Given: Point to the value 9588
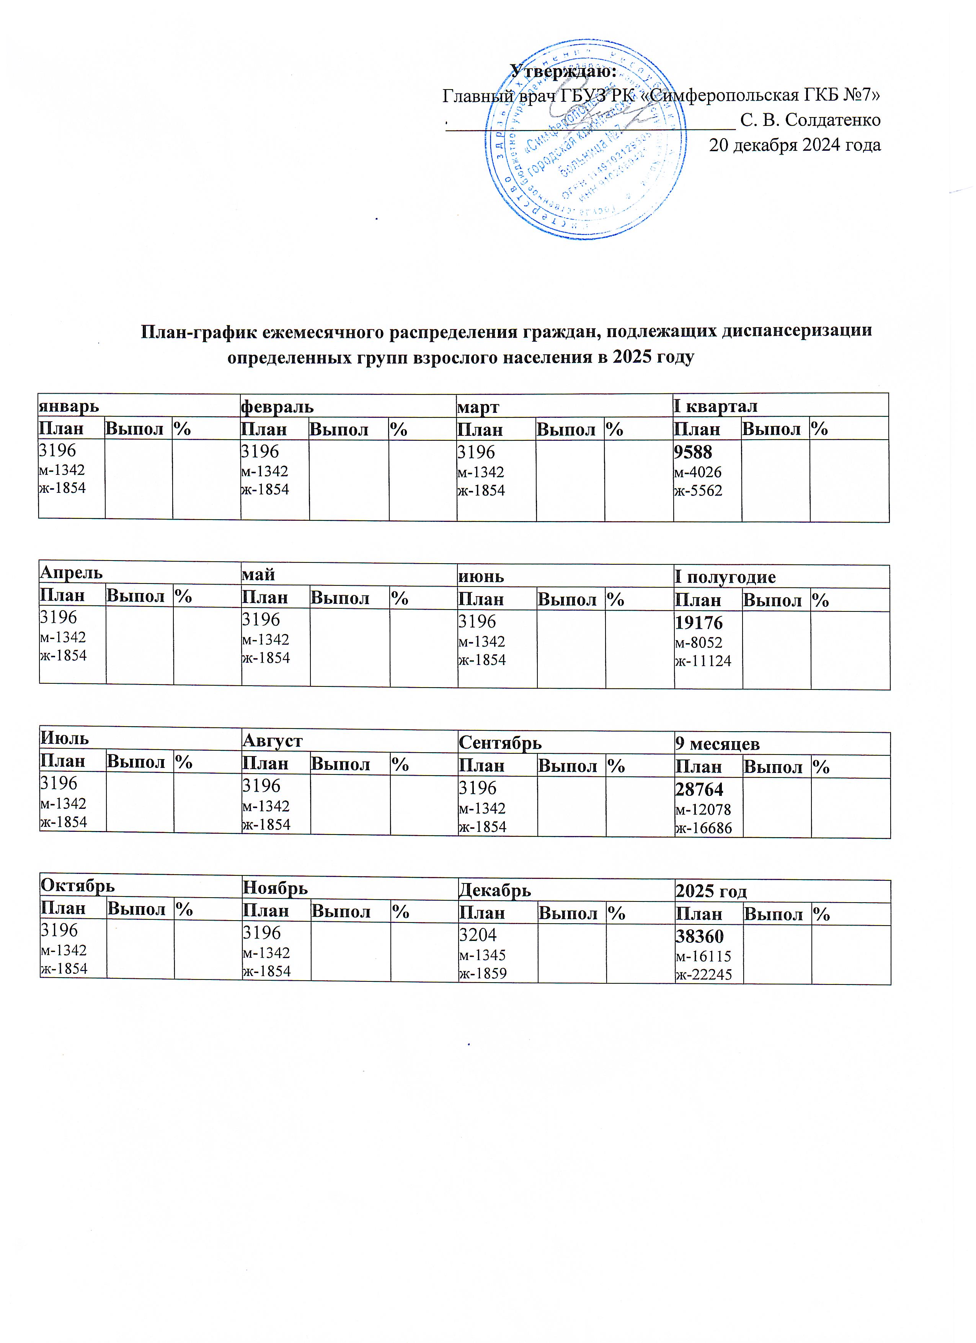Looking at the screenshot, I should [x=692, y=452].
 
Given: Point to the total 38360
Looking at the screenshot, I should [x=699, y=936].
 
